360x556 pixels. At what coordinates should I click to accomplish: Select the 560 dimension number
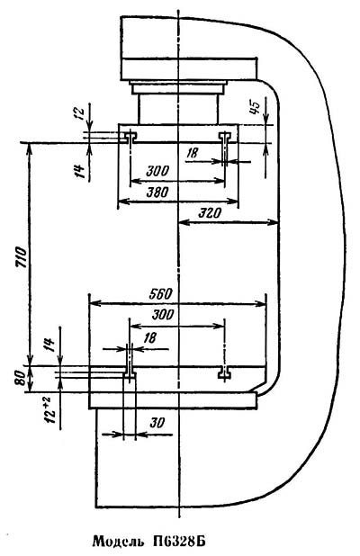point(160,294)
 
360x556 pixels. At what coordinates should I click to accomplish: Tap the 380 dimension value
point(157,193)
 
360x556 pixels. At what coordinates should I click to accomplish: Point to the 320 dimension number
point(210,213)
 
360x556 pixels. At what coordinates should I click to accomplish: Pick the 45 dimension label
point(255,107)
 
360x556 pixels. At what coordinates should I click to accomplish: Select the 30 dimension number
point(157,423)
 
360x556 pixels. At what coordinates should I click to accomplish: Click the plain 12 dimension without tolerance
point(80,112)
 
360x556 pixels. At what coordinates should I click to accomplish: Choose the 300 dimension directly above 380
point(157,171)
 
